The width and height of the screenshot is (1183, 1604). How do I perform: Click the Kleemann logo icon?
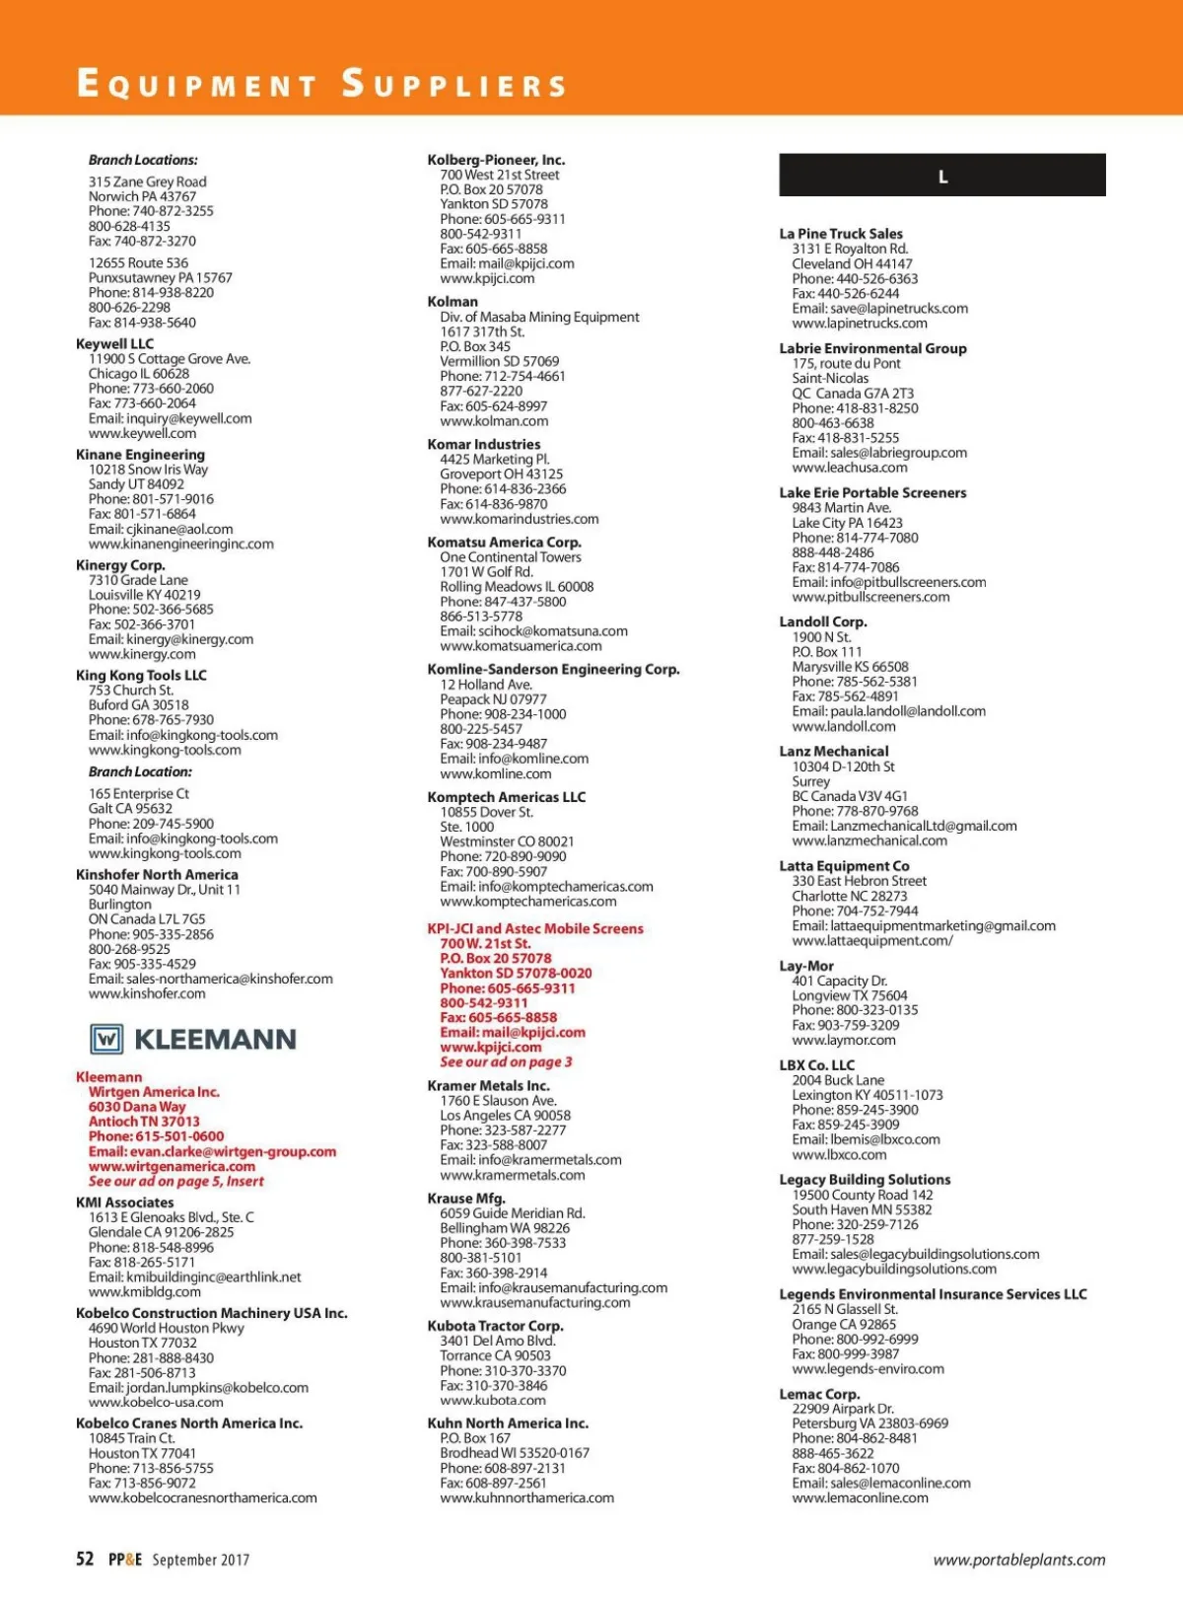(106, 1039)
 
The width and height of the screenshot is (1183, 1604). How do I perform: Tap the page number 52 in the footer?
(85, 1559)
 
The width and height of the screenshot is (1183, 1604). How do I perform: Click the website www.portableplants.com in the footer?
(1018, 1560)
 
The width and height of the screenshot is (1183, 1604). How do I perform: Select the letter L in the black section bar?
(942, 177)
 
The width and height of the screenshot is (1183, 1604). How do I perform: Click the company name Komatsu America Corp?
(504, 542)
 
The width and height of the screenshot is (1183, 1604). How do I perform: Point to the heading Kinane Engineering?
(140, 455)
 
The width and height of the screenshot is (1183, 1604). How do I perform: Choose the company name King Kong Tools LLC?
(141, 676)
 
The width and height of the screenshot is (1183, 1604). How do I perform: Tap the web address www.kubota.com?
(492, 1400)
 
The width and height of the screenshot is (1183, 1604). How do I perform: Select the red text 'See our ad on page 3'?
(506, 1061)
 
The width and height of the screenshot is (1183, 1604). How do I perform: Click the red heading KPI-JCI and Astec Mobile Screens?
(534, 928)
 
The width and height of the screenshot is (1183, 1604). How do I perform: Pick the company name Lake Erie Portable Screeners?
(872, 493)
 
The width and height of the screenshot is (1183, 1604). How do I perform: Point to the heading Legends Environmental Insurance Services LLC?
(933, 1294)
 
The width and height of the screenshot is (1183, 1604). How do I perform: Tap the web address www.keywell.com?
(142, 433)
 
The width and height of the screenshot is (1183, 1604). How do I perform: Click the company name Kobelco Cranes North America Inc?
(189, 1423)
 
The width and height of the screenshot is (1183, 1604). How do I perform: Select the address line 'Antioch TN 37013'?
(144, 1122)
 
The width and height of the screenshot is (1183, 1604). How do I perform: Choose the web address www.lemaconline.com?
(860, 1497)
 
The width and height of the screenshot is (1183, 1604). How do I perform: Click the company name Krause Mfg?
(466, 1199)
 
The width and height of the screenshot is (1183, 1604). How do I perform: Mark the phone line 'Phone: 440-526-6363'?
(855, 278)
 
